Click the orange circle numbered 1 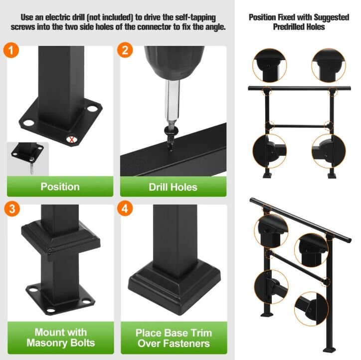(x=11, y=50)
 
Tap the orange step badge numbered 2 (x=125, y=50)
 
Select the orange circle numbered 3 (x=12, y=209)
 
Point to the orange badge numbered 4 (x=125, y=208)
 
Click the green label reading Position (x=60, y=186)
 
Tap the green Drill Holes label (x=173, y=187)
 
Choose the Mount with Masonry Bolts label (x=61, y=338)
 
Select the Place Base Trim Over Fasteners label (x=174, y=338)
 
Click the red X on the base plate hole (x=72, y=140)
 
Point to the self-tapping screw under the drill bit (x=170, y=138)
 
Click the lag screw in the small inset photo (x=31, y=165)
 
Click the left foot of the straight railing (x=268, y=175)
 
